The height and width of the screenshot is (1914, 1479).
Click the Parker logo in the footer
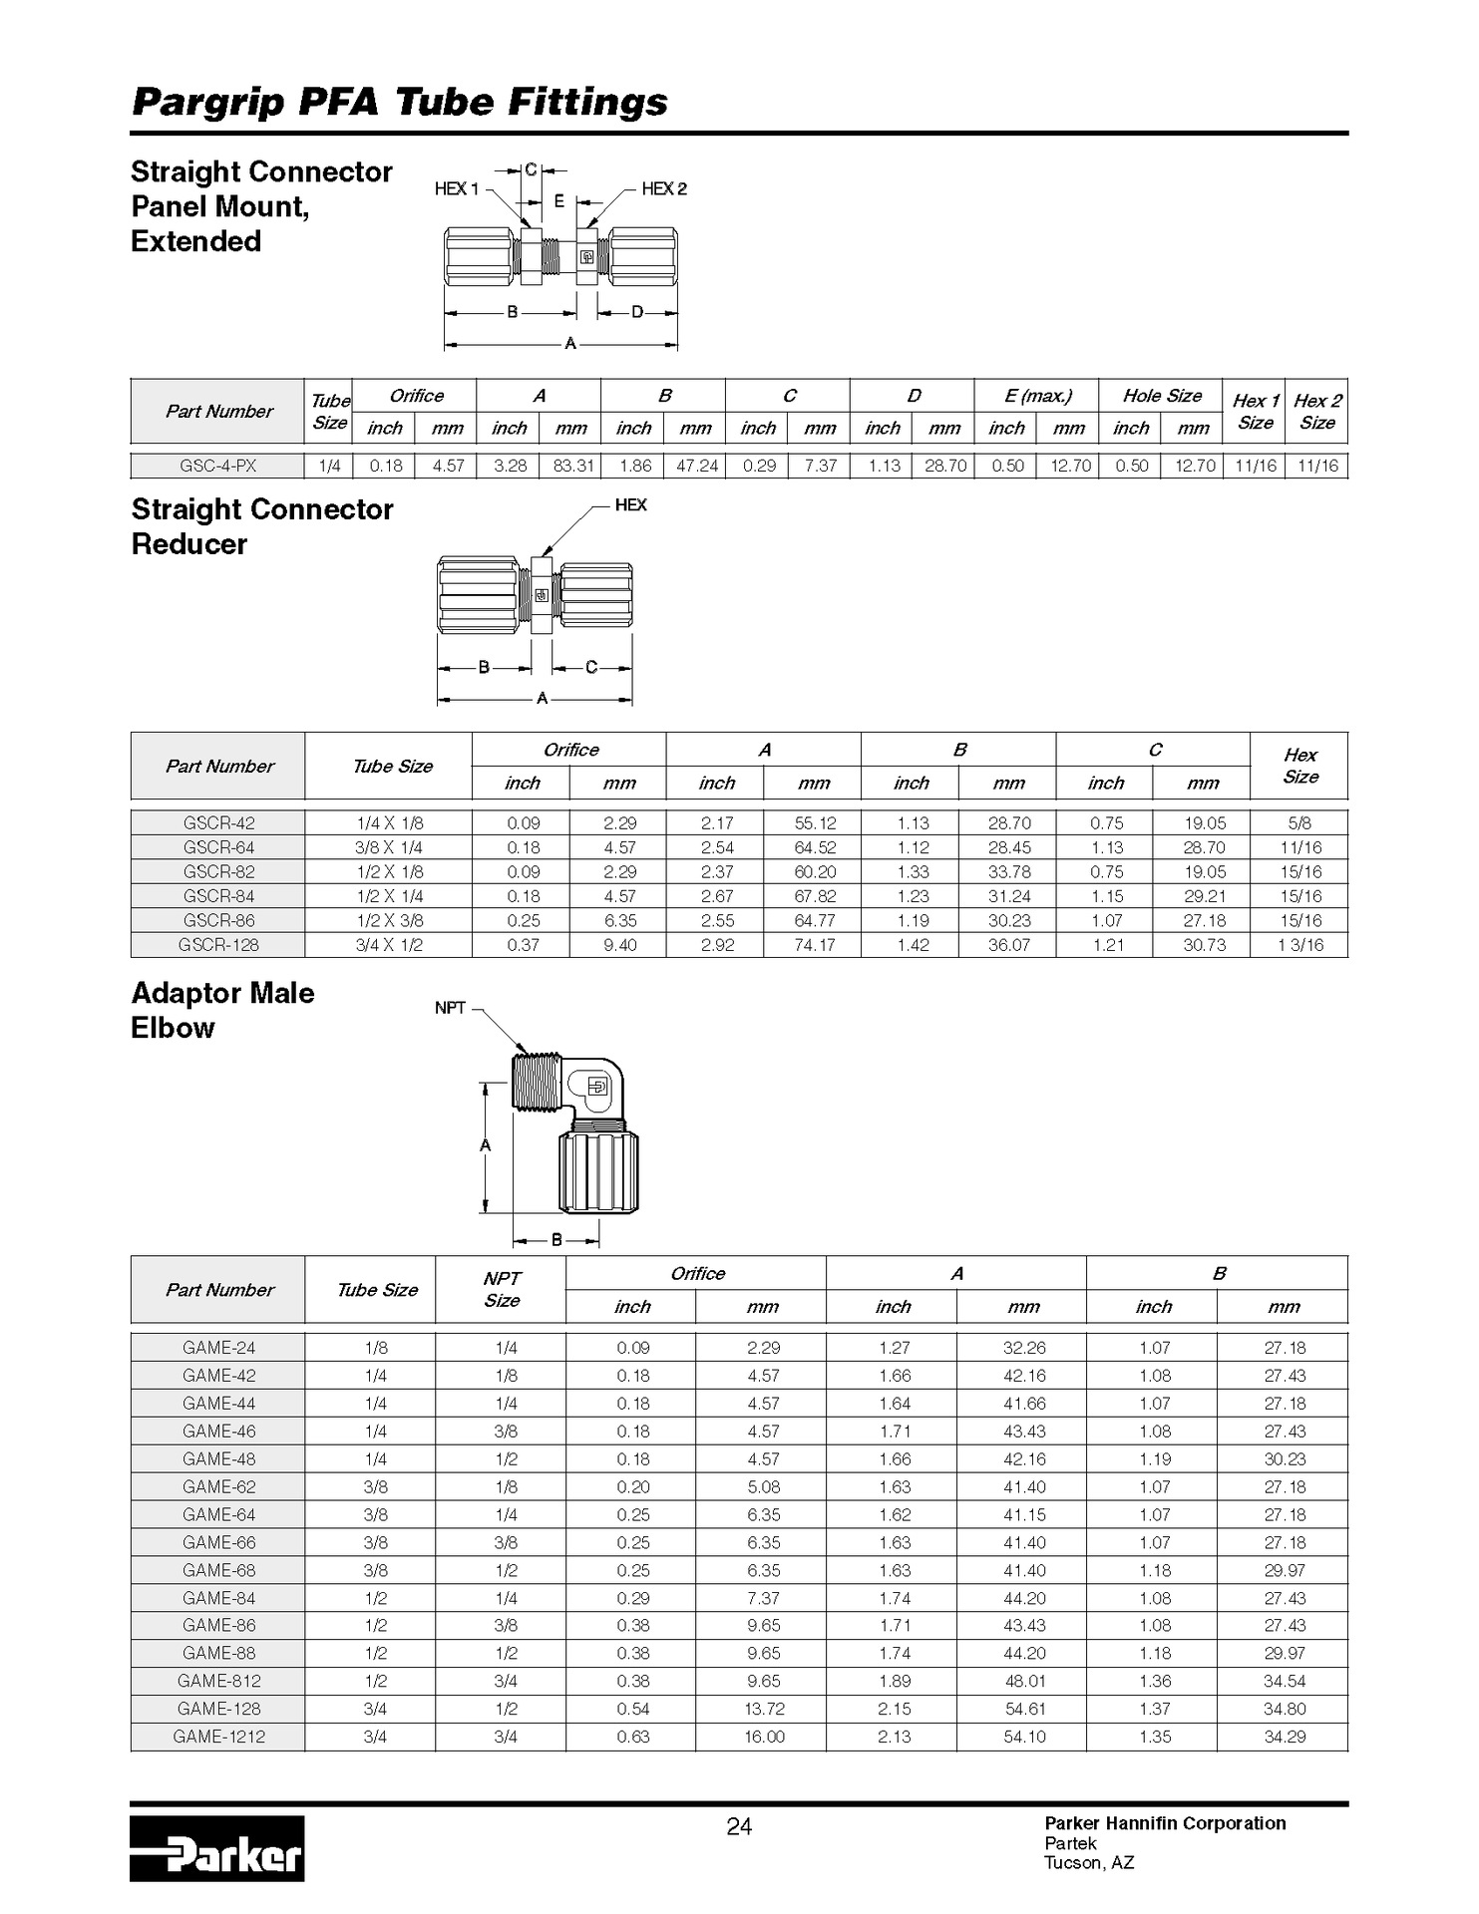tap(216, 1849)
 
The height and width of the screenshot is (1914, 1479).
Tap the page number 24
tap(739, 1826)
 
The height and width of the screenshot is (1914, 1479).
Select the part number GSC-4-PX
tap(217, 466)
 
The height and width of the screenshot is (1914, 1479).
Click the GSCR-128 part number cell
tap(217, 945)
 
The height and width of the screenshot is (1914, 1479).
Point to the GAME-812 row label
tap(218, 1681)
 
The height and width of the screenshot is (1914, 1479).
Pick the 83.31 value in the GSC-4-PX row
tap(571, 466)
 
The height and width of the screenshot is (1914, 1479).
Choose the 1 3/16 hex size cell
tap(1299, 945)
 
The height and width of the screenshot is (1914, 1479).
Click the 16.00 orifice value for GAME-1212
tap(763, 1737)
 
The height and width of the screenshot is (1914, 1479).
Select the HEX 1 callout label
tap(457, 188)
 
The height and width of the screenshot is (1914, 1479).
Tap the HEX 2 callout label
tap(664, 188)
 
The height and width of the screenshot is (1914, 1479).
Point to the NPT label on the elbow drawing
tap(450, 1008)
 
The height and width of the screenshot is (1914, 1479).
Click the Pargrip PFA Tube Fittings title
tap(400, 102)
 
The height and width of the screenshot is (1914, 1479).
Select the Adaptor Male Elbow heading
tap(222, 1010)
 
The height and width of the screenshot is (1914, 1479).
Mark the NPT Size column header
tap(502, 1289)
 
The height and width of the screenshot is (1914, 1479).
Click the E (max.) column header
tap(1037, 396)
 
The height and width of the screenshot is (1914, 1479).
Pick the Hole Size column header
tap(1162, 396)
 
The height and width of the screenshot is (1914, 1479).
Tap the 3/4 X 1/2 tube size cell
tap(389, 945)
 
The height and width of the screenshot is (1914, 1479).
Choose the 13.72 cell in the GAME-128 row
tap(763, 1709)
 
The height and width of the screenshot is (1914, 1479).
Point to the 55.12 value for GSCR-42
tap(814, 823)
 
